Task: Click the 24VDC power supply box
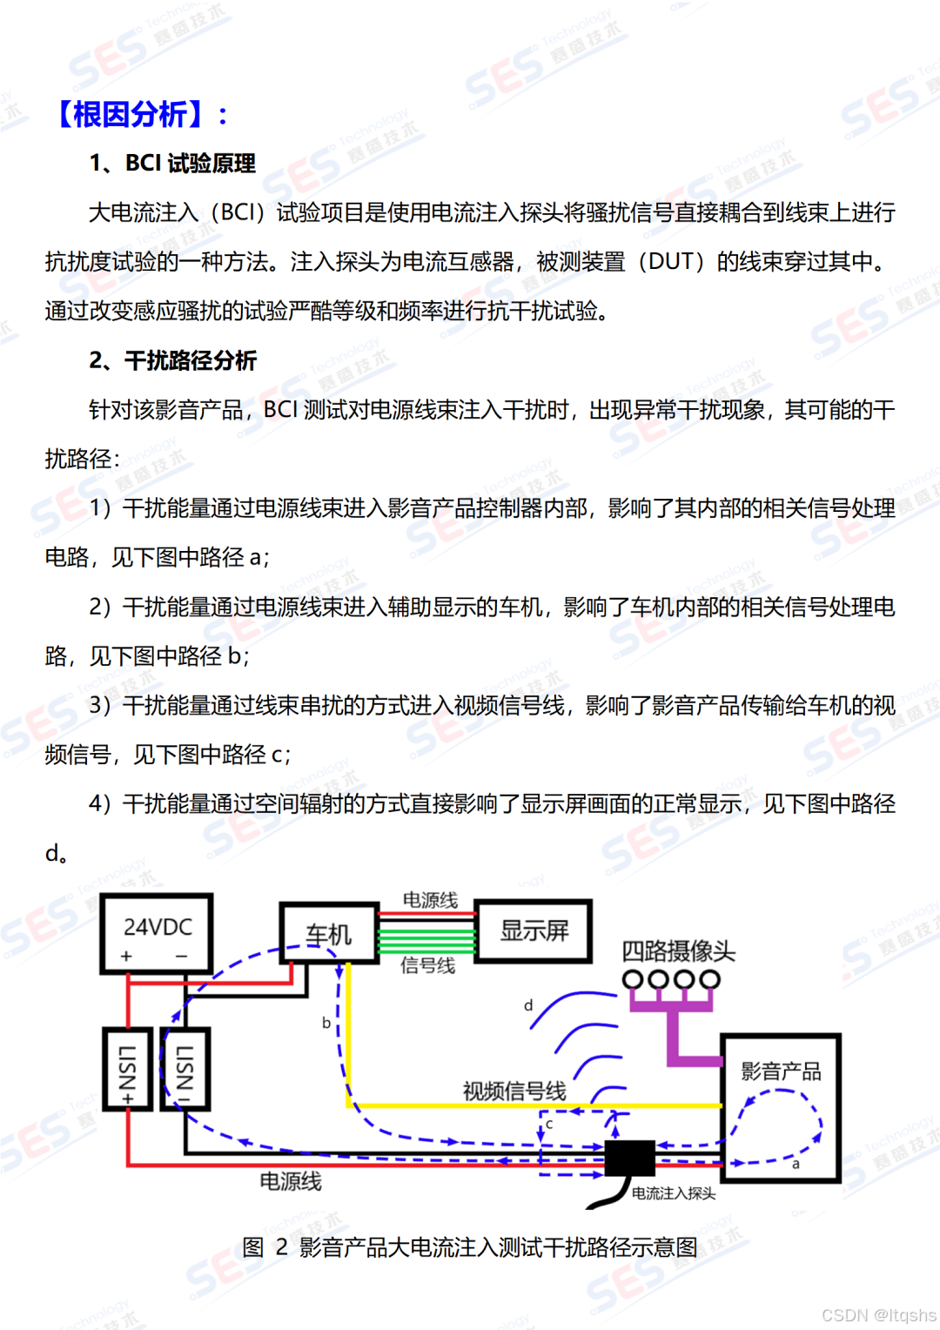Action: coord(157,933)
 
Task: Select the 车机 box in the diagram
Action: coord(329,933)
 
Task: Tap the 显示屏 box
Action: coord(534,930)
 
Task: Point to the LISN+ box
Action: coord(128,1069)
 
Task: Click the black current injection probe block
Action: coord(629,1159)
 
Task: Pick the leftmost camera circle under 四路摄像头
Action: coord(633,980)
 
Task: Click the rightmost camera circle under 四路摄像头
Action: coord(710,980)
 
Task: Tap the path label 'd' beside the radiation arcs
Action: coord(528,1005)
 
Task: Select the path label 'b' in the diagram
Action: coord(326,1023)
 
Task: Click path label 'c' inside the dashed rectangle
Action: coord(549,1124)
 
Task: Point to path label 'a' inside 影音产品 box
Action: coord(796,1164)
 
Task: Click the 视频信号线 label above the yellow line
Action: coord(514,1091)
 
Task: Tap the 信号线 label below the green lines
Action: coord(427,965)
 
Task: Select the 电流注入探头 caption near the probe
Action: coord(674,1193)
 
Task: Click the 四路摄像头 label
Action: coord(678,950)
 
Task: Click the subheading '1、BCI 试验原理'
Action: coord(172,164)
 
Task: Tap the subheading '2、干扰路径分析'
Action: coord(172,360)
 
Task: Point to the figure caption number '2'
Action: coord(281,1247)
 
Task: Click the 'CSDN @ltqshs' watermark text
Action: coord(878,1314)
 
